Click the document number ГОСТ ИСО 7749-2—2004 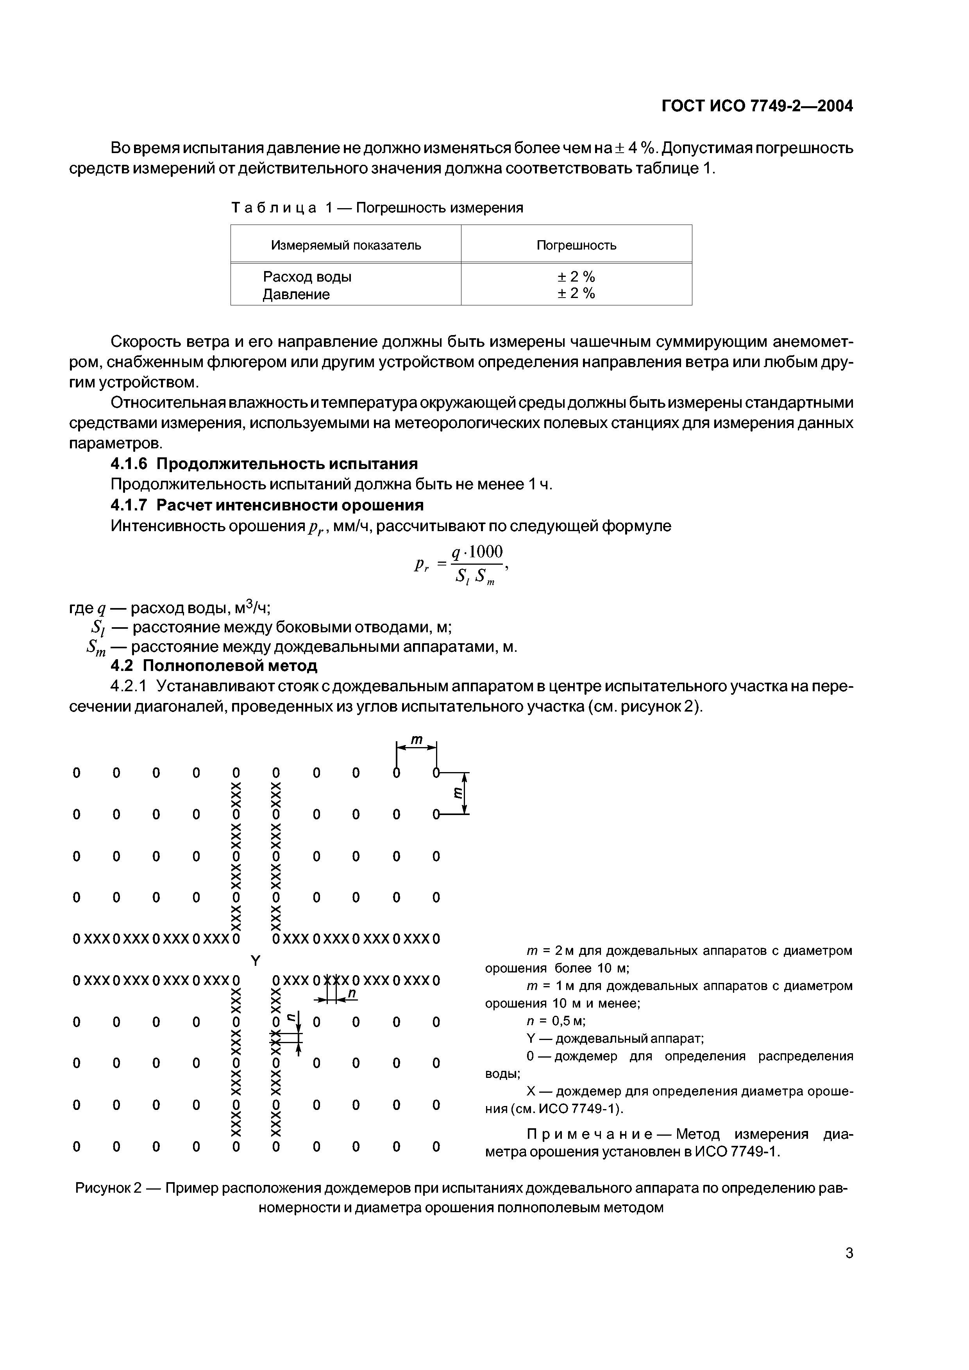[757, 106]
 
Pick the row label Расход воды [307, 277]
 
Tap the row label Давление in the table [296, 294]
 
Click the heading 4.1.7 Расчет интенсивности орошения [267, 505]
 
